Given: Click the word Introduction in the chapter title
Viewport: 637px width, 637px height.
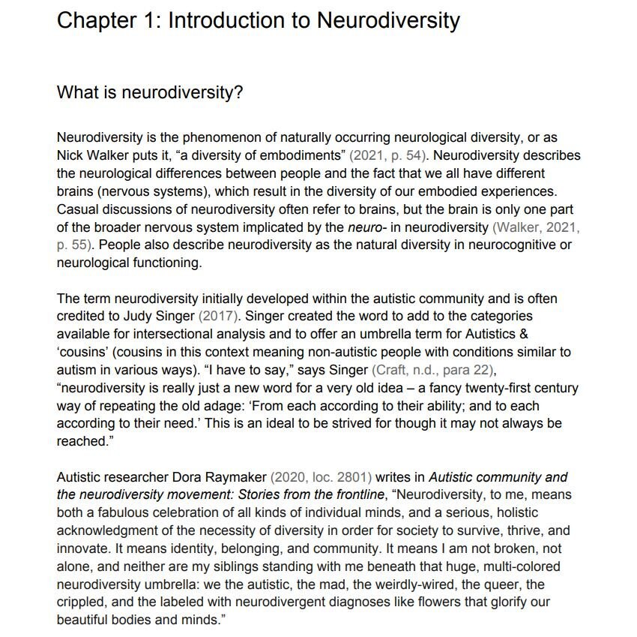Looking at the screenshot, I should pyautogui.click(x=238, y=20).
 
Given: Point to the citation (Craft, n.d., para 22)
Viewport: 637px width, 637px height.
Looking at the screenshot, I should pyautogui.click(x=435, y=371).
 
